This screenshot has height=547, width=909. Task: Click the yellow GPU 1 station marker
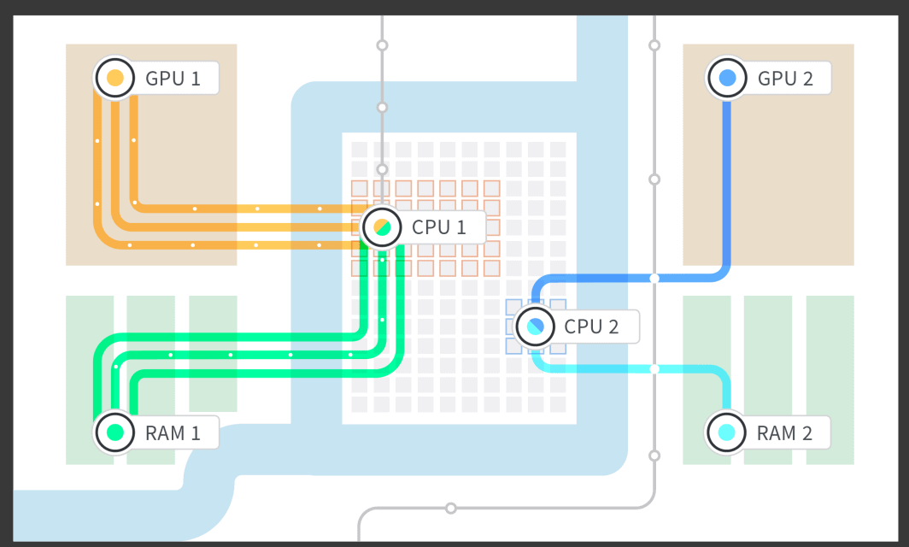[x=114, y=78]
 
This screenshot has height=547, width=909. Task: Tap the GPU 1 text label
[x=173, y=79]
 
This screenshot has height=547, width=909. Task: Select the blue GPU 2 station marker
[x=727, y=78]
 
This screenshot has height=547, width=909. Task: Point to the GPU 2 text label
[x=785, y=79]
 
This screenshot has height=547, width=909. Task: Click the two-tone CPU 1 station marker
[x=382, y=227]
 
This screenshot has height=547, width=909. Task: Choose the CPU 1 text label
[x=439, y=227]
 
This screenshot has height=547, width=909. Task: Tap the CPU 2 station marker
[x=535, y=326]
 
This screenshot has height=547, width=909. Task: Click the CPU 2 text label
[x=591, y=326]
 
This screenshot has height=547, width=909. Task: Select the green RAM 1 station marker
[x=114, y=432]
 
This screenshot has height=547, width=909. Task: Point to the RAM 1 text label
[x=173, y=432]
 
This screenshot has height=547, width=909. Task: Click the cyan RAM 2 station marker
[x=726, y=432]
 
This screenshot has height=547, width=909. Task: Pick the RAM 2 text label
[x=784, y=432]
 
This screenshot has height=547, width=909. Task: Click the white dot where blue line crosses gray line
[x=654, y=278]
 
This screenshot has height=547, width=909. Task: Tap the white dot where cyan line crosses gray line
[x=654, y=369]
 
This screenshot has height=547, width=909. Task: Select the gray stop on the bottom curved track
[x=451, y=509]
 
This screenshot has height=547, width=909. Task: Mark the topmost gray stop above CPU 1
[x=382, y=44]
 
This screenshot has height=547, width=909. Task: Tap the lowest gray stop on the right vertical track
[x=654, y=456]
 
